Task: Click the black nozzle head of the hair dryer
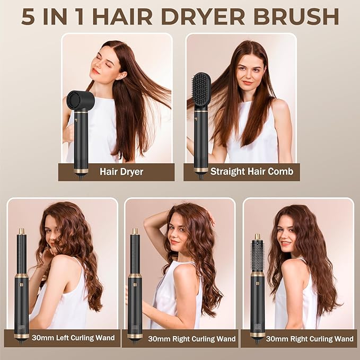coord(80,100)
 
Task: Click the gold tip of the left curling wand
coord(21,231)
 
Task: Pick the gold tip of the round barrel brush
coord(258,236)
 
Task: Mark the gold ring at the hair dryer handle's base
coord(81,171)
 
